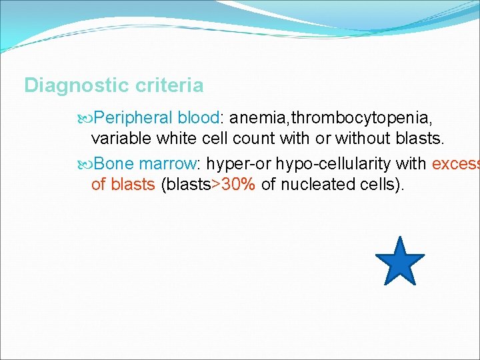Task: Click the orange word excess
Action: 455,163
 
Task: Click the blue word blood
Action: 199,118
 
